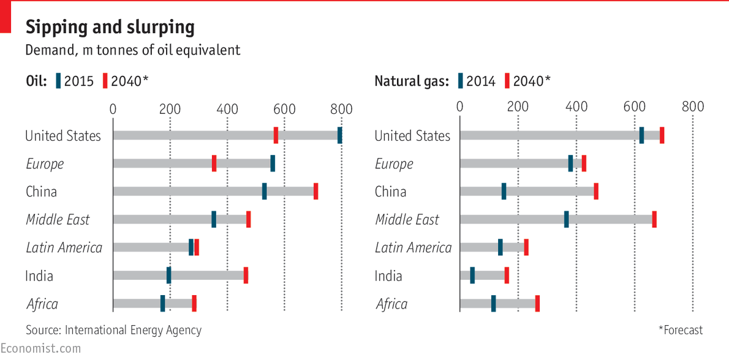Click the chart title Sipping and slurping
point(110,28)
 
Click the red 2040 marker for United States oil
point(276,135)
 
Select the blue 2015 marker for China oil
point(264,191)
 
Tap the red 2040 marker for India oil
point(246,276)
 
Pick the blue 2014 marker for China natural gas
point(504,191)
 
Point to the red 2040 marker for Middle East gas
point(654,219)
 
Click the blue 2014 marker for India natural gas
point(472,276)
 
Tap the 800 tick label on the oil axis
point(341,109)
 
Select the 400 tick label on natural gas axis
point(576,106)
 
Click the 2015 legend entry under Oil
point(75,81)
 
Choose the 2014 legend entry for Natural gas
point(476,81)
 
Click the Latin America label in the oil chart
point(64,247)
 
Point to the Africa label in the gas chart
point(391,304)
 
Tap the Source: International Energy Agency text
point(113,330)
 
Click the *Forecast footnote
point(680,330)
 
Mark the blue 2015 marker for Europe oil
point(273,163)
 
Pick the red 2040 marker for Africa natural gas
point(537,304)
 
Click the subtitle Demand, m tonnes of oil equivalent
point(132,50)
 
